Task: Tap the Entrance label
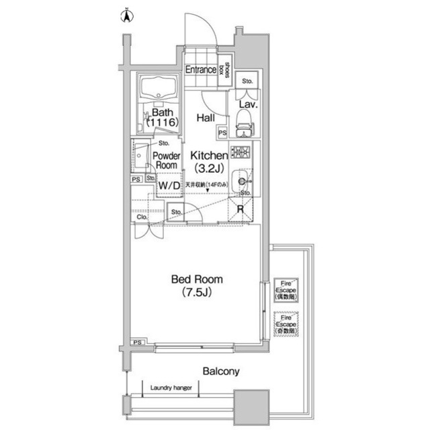click(x=201, y=69)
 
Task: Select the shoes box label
click(x=228, y=70)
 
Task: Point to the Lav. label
click(x=246, y=106)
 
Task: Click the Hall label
click(x=206, y=118)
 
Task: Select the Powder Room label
click(x=166, y=160)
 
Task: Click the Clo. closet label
click(x=142, y=217)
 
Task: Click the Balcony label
click(x=220, y=371)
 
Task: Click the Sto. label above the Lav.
click(x=247, y=81)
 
